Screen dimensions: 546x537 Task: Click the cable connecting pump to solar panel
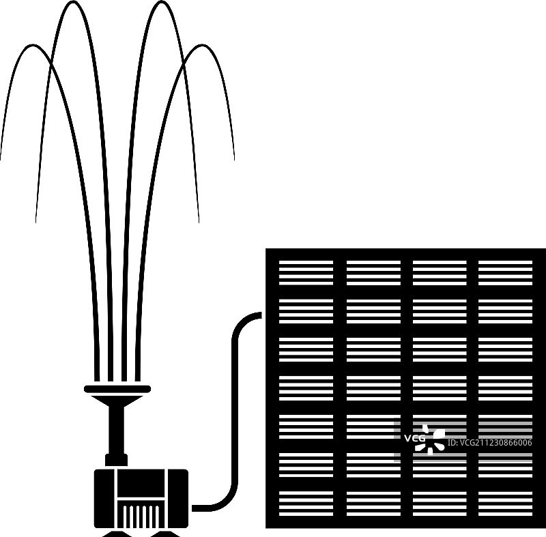point(235,411)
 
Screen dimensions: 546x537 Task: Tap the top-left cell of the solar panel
point(306,273)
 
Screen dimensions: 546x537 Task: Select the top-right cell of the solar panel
point(505,273)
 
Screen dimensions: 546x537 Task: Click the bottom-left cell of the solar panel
point(306,504)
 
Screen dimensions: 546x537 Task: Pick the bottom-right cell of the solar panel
point(505,504)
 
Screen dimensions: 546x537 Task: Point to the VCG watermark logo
point(425,439)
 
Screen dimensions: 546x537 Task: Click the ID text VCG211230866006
point(489,443)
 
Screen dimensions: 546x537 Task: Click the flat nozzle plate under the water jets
point(117,389)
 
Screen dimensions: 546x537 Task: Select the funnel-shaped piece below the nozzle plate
point(117,401)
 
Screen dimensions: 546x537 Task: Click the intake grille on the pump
point(141,514)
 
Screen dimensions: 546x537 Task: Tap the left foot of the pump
point(117,534)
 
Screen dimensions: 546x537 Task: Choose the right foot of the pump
point(164,534)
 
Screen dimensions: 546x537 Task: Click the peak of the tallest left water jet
point(72,3)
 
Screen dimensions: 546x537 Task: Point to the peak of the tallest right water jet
point(162,3)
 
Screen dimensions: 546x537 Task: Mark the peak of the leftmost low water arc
point(33,46)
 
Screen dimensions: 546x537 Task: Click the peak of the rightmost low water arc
point(201,46)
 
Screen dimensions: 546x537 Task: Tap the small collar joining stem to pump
point(116,460)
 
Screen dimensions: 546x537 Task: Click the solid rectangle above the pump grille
point(141,483)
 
